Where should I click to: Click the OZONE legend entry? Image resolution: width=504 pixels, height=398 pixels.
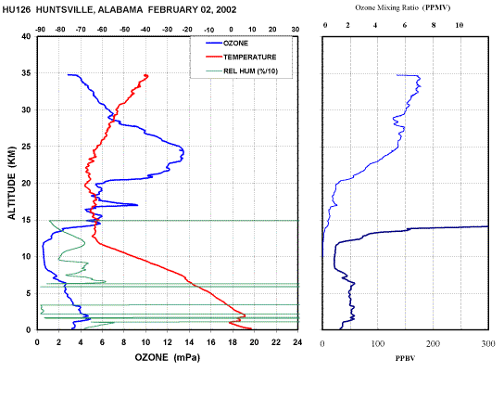(x=227, y=43)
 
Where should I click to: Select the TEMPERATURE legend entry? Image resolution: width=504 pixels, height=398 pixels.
(x=241, y=57)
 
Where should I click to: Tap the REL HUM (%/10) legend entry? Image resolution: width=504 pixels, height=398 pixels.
(x=242, y=71)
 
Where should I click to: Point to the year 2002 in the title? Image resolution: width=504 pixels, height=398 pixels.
(x=226, y=10)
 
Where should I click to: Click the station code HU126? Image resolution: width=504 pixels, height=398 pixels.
(x=17, y=10)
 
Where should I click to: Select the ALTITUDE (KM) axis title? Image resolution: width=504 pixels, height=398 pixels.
(x=11, y=183)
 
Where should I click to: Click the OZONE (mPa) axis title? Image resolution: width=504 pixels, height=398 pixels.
(x=167, y=357)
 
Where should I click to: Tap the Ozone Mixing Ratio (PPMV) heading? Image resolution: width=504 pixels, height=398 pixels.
(x=402, y=7)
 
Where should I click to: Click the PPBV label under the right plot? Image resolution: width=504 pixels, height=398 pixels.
(x=405, y=358)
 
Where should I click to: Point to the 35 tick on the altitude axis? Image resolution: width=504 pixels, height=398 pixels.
(x=26, y=73)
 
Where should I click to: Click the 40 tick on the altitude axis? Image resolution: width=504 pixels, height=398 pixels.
(x=26, y=37)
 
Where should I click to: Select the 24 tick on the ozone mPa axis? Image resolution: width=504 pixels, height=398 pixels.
(x=297, y=342)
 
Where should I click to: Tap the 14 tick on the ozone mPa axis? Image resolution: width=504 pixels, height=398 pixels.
(x=189, y=342)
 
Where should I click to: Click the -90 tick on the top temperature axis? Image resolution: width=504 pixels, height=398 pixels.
(x=40, y=30)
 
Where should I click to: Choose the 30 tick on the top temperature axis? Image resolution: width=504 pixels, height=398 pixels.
(x=295, y=30)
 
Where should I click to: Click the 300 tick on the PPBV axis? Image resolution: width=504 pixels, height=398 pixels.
(x=488, y=344)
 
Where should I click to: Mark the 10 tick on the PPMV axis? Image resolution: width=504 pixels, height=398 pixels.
(x=459, y=25)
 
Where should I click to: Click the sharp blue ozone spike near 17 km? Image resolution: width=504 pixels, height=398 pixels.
(x=137, y=205)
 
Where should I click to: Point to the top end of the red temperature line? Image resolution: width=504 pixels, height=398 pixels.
(x=146, y=75)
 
